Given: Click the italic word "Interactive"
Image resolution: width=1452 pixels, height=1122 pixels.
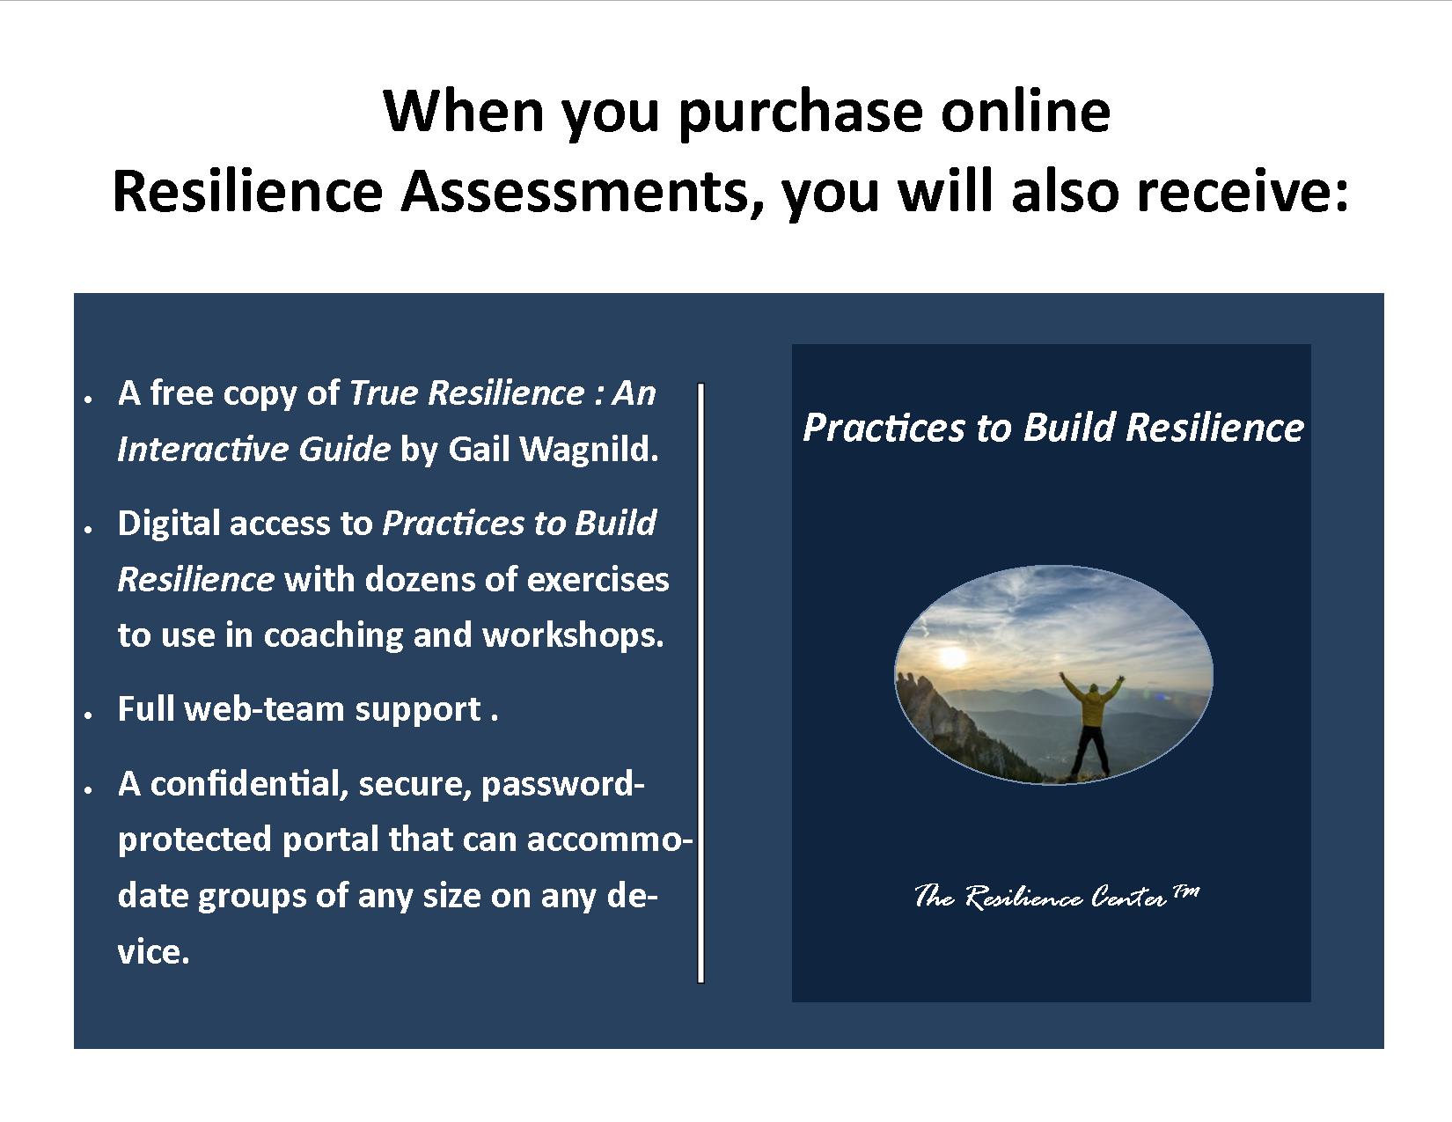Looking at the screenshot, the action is [x=202, y=449].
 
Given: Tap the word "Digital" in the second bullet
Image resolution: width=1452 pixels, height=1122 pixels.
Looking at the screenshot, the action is [x=168, y=524].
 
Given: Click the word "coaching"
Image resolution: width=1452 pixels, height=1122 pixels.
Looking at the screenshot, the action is [x=334, y=635].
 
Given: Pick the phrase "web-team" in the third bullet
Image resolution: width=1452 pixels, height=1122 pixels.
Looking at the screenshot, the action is [x=265, y=709].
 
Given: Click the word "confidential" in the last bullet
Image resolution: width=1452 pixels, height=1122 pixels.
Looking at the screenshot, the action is [x=249, y=783].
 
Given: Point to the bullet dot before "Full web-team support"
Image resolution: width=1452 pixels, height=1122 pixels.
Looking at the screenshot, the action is [x=88, y=715].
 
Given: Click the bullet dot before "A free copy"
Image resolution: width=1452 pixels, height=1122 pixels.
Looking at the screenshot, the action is [x=88, y=399].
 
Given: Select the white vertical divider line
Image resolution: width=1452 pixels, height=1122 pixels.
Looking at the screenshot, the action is [x=701, y=683].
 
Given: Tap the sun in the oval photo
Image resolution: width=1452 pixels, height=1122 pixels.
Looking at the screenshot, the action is [x=953, y=656].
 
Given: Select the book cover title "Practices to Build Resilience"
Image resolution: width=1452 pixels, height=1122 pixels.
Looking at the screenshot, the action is [x=1053, y=428].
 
